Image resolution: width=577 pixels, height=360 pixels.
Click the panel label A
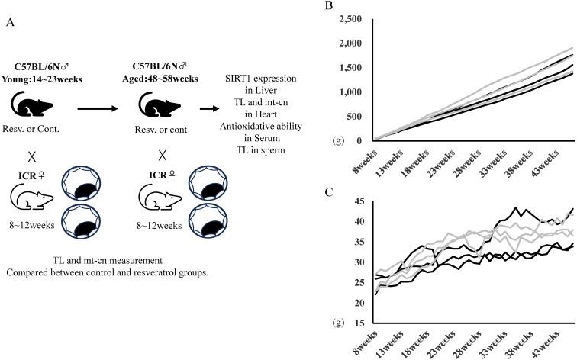pyautogui.click(x=10, y=23)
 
